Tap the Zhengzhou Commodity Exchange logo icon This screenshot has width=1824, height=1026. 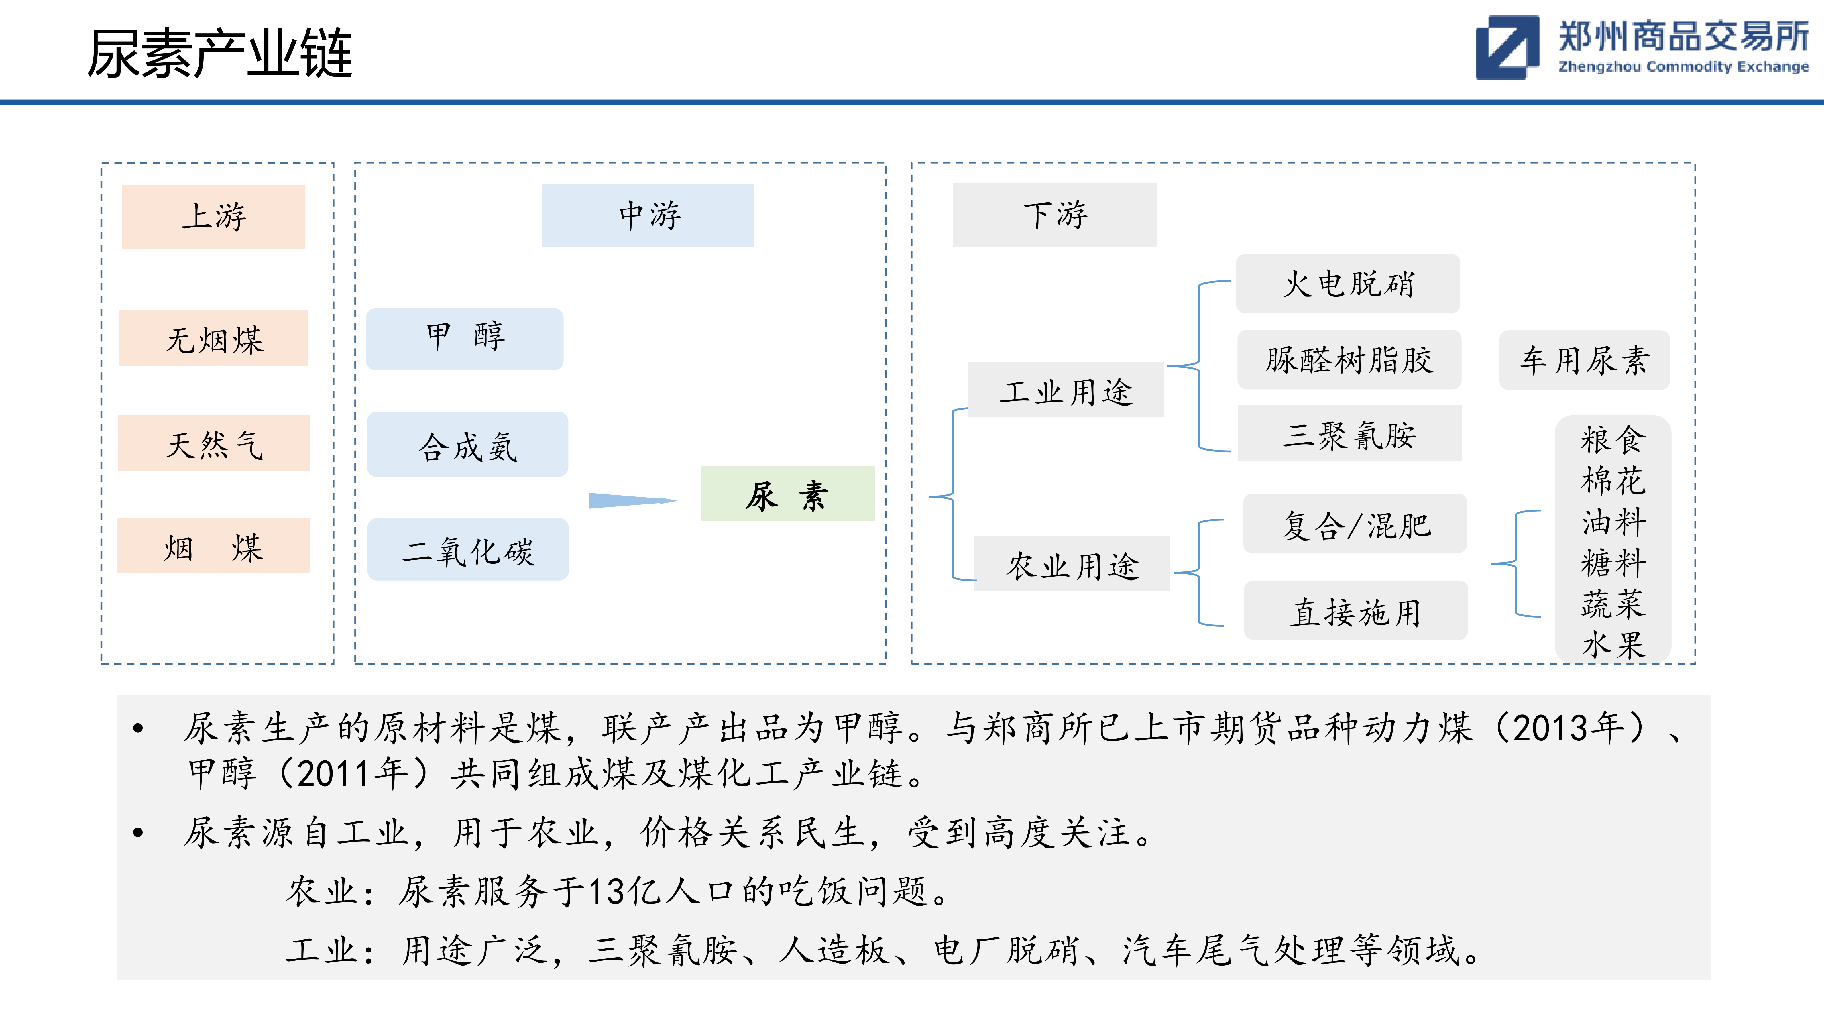(x=1507, y=47)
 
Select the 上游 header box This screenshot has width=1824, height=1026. (x=213, y=217)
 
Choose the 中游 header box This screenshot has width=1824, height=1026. (x=648, y=215)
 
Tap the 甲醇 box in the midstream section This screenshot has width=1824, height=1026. (x=465, y=339)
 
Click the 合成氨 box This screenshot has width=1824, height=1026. (x=467, y=444)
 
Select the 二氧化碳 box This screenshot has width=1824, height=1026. (x=467, y=549)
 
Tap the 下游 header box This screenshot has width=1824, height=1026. (x=1054, y=215)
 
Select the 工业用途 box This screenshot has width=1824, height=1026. (x=1066, y=389)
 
